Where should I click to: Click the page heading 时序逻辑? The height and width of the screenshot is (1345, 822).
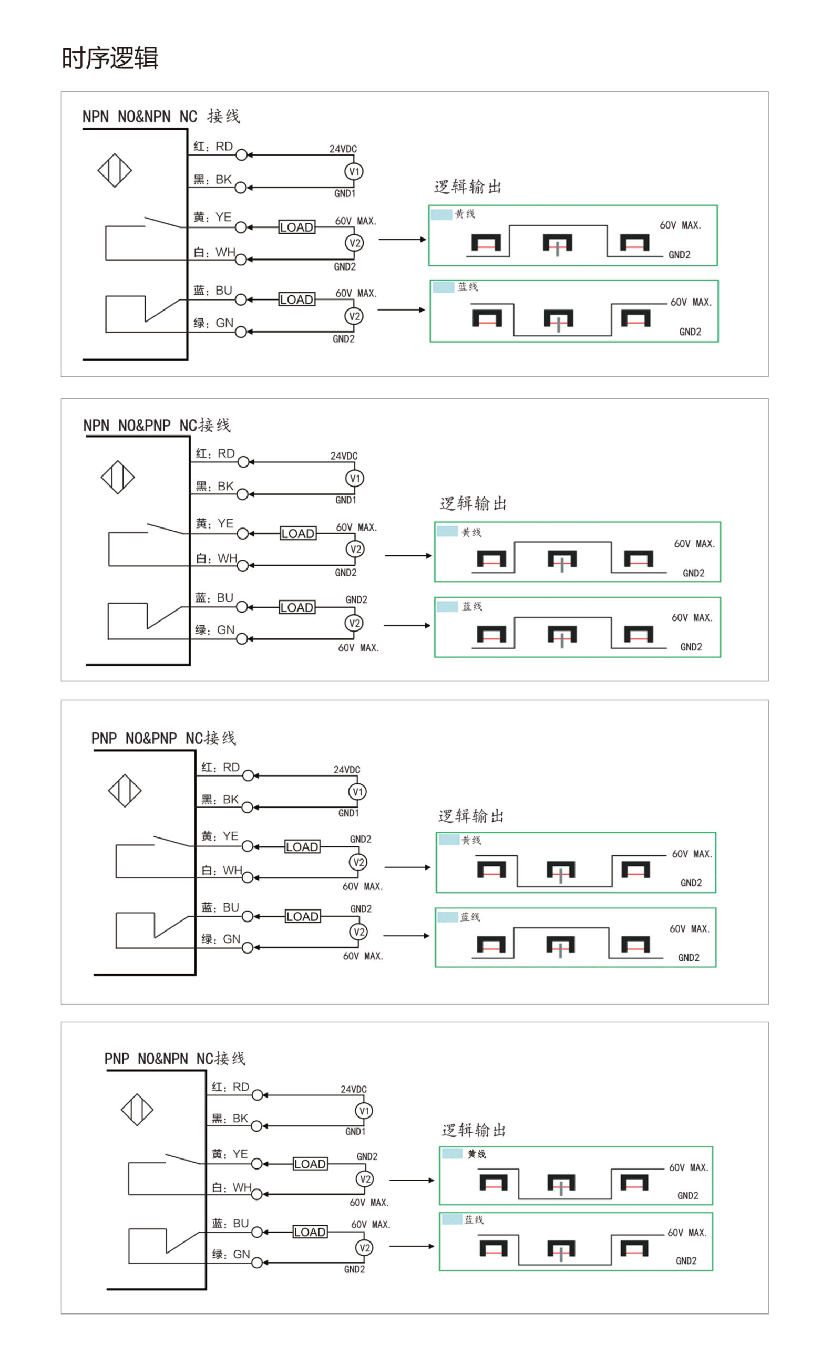[110, 58]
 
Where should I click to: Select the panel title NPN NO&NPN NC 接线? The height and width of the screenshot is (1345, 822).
[161, 116]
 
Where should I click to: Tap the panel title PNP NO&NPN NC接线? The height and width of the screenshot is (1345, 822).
[175, 1059]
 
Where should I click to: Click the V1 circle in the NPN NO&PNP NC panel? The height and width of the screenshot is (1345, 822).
[354, 478]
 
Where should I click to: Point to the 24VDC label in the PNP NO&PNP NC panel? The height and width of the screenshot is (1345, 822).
[347, 770]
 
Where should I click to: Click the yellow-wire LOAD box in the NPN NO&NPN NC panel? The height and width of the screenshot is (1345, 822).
[296, 227]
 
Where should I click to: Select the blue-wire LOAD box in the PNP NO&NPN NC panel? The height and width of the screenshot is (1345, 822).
[310, 1232]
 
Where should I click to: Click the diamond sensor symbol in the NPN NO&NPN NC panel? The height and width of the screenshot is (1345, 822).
[115, 170]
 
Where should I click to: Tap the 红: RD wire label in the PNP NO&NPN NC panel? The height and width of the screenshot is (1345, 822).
[231, 1087]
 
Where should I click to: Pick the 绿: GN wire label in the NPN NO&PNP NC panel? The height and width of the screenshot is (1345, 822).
[214, 630]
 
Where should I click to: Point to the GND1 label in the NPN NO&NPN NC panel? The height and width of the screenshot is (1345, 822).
[345, 193]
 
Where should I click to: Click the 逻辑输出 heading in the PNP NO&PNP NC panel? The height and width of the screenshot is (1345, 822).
[471, 816]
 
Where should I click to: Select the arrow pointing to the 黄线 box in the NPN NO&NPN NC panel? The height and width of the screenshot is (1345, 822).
[402, 239]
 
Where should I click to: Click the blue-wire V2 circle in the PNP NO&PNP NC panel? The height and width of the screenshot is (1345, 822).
[358, 932]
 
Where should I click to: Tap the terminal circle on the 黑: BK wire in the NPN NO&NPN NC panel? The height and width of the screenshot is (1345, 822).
[241, 188]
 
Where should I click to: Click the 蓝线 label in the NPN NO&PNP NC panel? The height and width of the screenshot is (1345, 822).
[472, 606]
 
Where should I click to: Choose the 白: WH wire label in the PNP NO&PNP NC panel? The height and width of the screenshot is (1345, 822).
[222, 870]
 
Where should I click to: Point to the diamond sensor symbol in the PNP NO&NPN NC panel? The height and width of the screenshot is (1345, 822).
[137, 1110]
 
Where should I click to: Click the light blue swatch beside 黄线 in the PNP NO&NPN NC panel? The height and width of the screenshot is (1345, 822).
[451, 1153]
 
